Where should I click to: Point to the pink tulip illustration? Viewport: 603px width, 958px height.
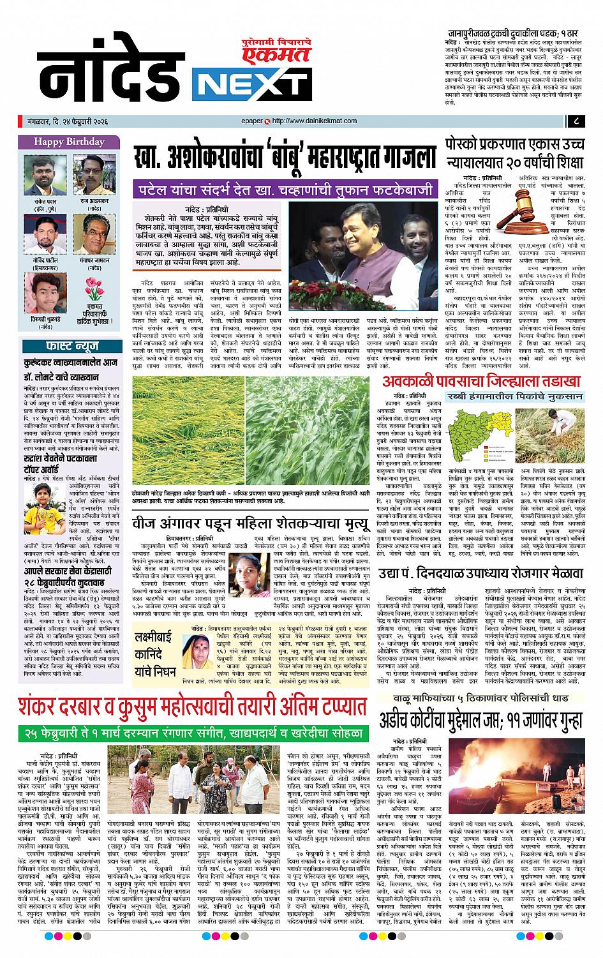coord(93,291)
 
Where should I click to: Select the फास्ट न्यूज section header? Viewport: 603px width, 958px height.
coord(70,347)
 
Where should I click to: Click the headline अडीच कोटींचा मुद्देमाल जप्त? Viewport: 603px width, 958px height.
coord(482,720)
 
